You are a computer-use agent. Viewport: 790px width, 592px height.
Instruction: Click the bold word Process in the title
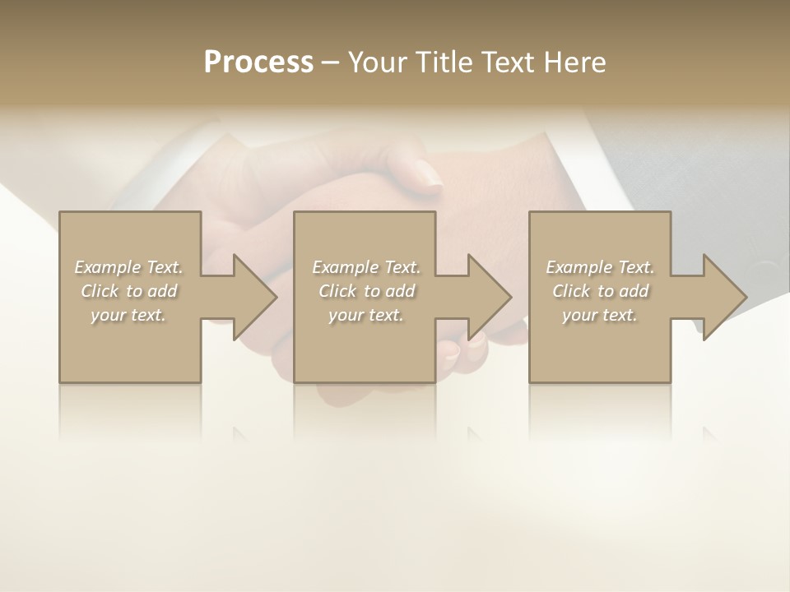258,62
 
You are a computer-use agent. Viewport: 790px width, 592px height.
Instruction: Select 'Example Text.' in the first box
128,267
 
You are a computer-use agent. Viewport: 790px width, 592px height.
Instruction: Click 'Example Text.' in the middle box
366,267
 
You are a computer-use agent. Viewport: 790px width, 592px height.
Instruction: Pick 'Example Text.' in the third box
600,267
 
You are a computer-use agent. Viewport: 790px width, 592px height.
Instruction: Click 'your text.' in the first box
128,315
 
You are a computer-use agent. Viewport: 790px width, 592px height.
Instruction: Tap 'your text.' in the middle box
366,315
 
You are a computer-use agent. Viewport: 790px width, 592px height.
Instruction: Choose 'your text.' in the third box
600,315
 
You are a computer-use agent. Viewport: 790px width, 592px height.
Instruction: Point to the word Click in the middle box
337,291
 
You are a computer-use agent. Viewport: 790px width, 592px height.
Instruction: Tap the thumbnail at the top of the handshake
427,175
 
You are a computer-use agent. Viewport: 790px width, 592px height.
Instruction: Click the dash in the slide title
330,62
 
